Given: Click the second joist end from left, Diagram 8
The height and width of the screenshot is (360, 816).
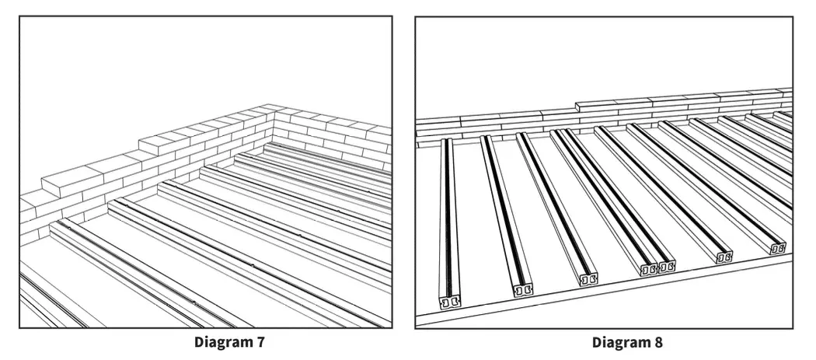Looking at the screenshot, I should pos(523,289).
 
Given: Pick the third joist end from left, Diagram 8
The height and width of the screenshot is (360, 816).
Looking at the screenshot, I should pos(589,277).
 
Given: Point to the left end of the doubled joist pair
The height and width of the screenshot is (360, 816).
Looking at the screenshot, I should pos(647,269).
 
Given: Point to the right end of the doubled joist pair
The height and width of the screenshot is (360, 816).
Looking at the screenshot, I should pos(666,266).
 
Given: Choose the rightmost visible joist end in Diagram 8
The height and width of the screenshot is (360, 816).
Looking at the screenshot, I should pos(777,248).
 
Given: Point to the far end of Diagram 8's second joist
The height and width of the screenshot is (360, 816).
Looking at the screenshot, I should pos(485,139).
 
